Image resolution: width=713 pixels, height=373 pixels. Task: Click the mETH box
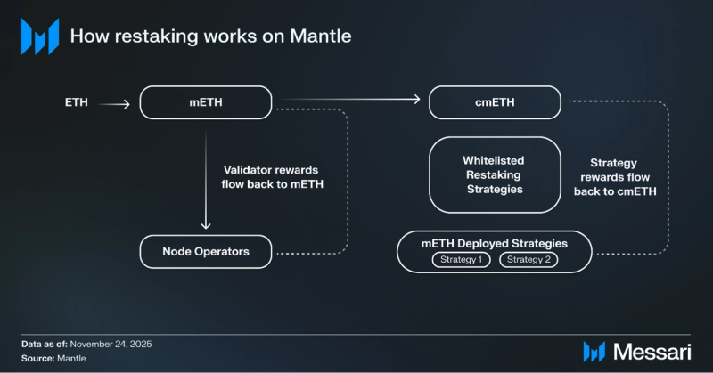[x=206, y=102]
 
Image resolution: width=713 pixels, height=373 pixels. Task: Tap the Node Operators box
[x=206, y=252]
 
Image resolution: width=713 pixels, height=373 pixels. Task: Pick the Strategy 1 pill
[x=461, y=260]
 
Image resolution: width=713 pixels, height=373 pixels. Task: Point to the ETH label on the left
[x=77, y=103]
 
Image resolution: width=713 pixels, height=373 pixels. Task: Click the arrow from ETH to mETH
[x=114, y=104]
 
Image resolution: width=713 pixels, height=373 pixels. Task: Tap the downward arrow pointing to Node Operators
[x=206, y=178]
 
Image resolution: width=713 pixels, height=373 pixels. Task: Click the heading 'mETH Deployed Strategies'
[x=495, y=243]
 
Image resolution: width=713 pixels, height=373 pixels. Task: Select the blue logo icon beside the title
[x=39, y=36]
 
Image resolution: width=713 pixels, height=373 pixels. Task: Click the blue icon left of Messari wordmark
[x=594, y=351]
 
